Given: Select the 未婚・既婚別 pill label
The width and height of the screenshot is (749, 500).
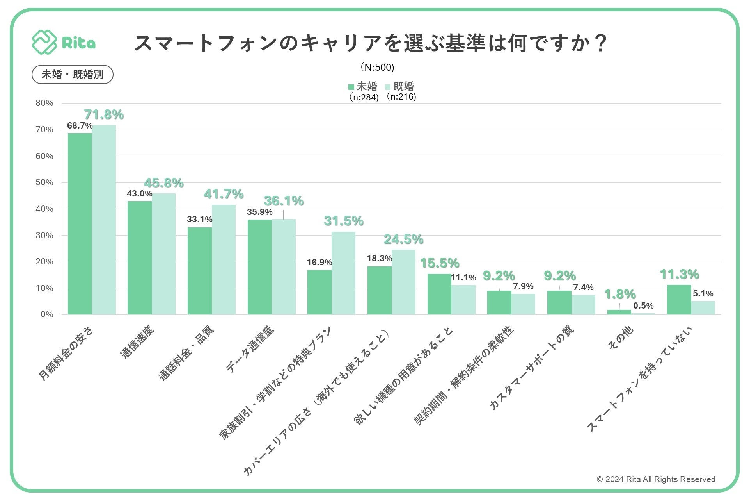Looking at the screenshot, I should point(73,74).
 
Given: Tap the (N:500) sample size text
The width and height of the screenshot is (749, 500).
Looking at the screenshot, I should point(377,67).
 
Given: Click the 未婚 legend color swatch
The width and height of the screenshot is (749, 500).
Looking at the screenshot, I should point(351,87).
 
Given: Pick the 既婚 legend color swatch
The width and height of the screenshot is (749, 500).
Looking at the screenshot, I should point(388,87).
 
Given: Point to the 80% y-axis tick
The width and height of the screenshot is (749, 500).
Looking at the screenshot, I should point(44,103).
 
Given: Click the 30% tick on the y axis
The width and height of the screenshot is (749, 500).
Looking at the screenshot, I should point(44,235).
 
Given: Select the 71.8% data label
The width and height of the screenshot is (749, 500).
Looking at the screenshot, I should point(104,114).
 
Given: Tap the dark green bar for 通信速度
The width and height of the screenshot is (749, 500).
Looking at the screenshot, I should point(140,258).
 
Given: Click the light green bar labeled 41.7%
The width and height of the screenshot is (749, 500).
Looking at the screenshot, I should point(224,259).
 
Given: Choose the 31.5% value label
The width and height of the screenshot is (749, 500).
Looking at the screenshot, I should point(344,221).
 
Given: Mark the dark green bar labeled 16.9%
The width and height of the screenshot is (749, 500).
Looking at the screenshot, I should point(319,292).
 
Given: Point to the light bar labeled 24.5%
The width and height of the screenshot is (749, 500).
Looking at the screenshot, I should point(403,282).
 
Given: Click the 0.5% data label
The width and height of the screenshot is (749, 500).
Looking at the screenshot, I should point(643,305).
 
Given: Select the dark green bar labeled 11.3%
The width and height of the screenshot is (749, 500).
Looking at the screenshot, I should point(679,300).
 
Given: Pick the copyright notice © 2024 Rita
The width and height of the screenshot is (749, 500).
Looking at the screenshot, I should point(656,479).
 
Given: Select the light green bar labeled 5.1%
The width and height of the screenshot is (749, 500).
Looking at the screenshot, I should point(703,308).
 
